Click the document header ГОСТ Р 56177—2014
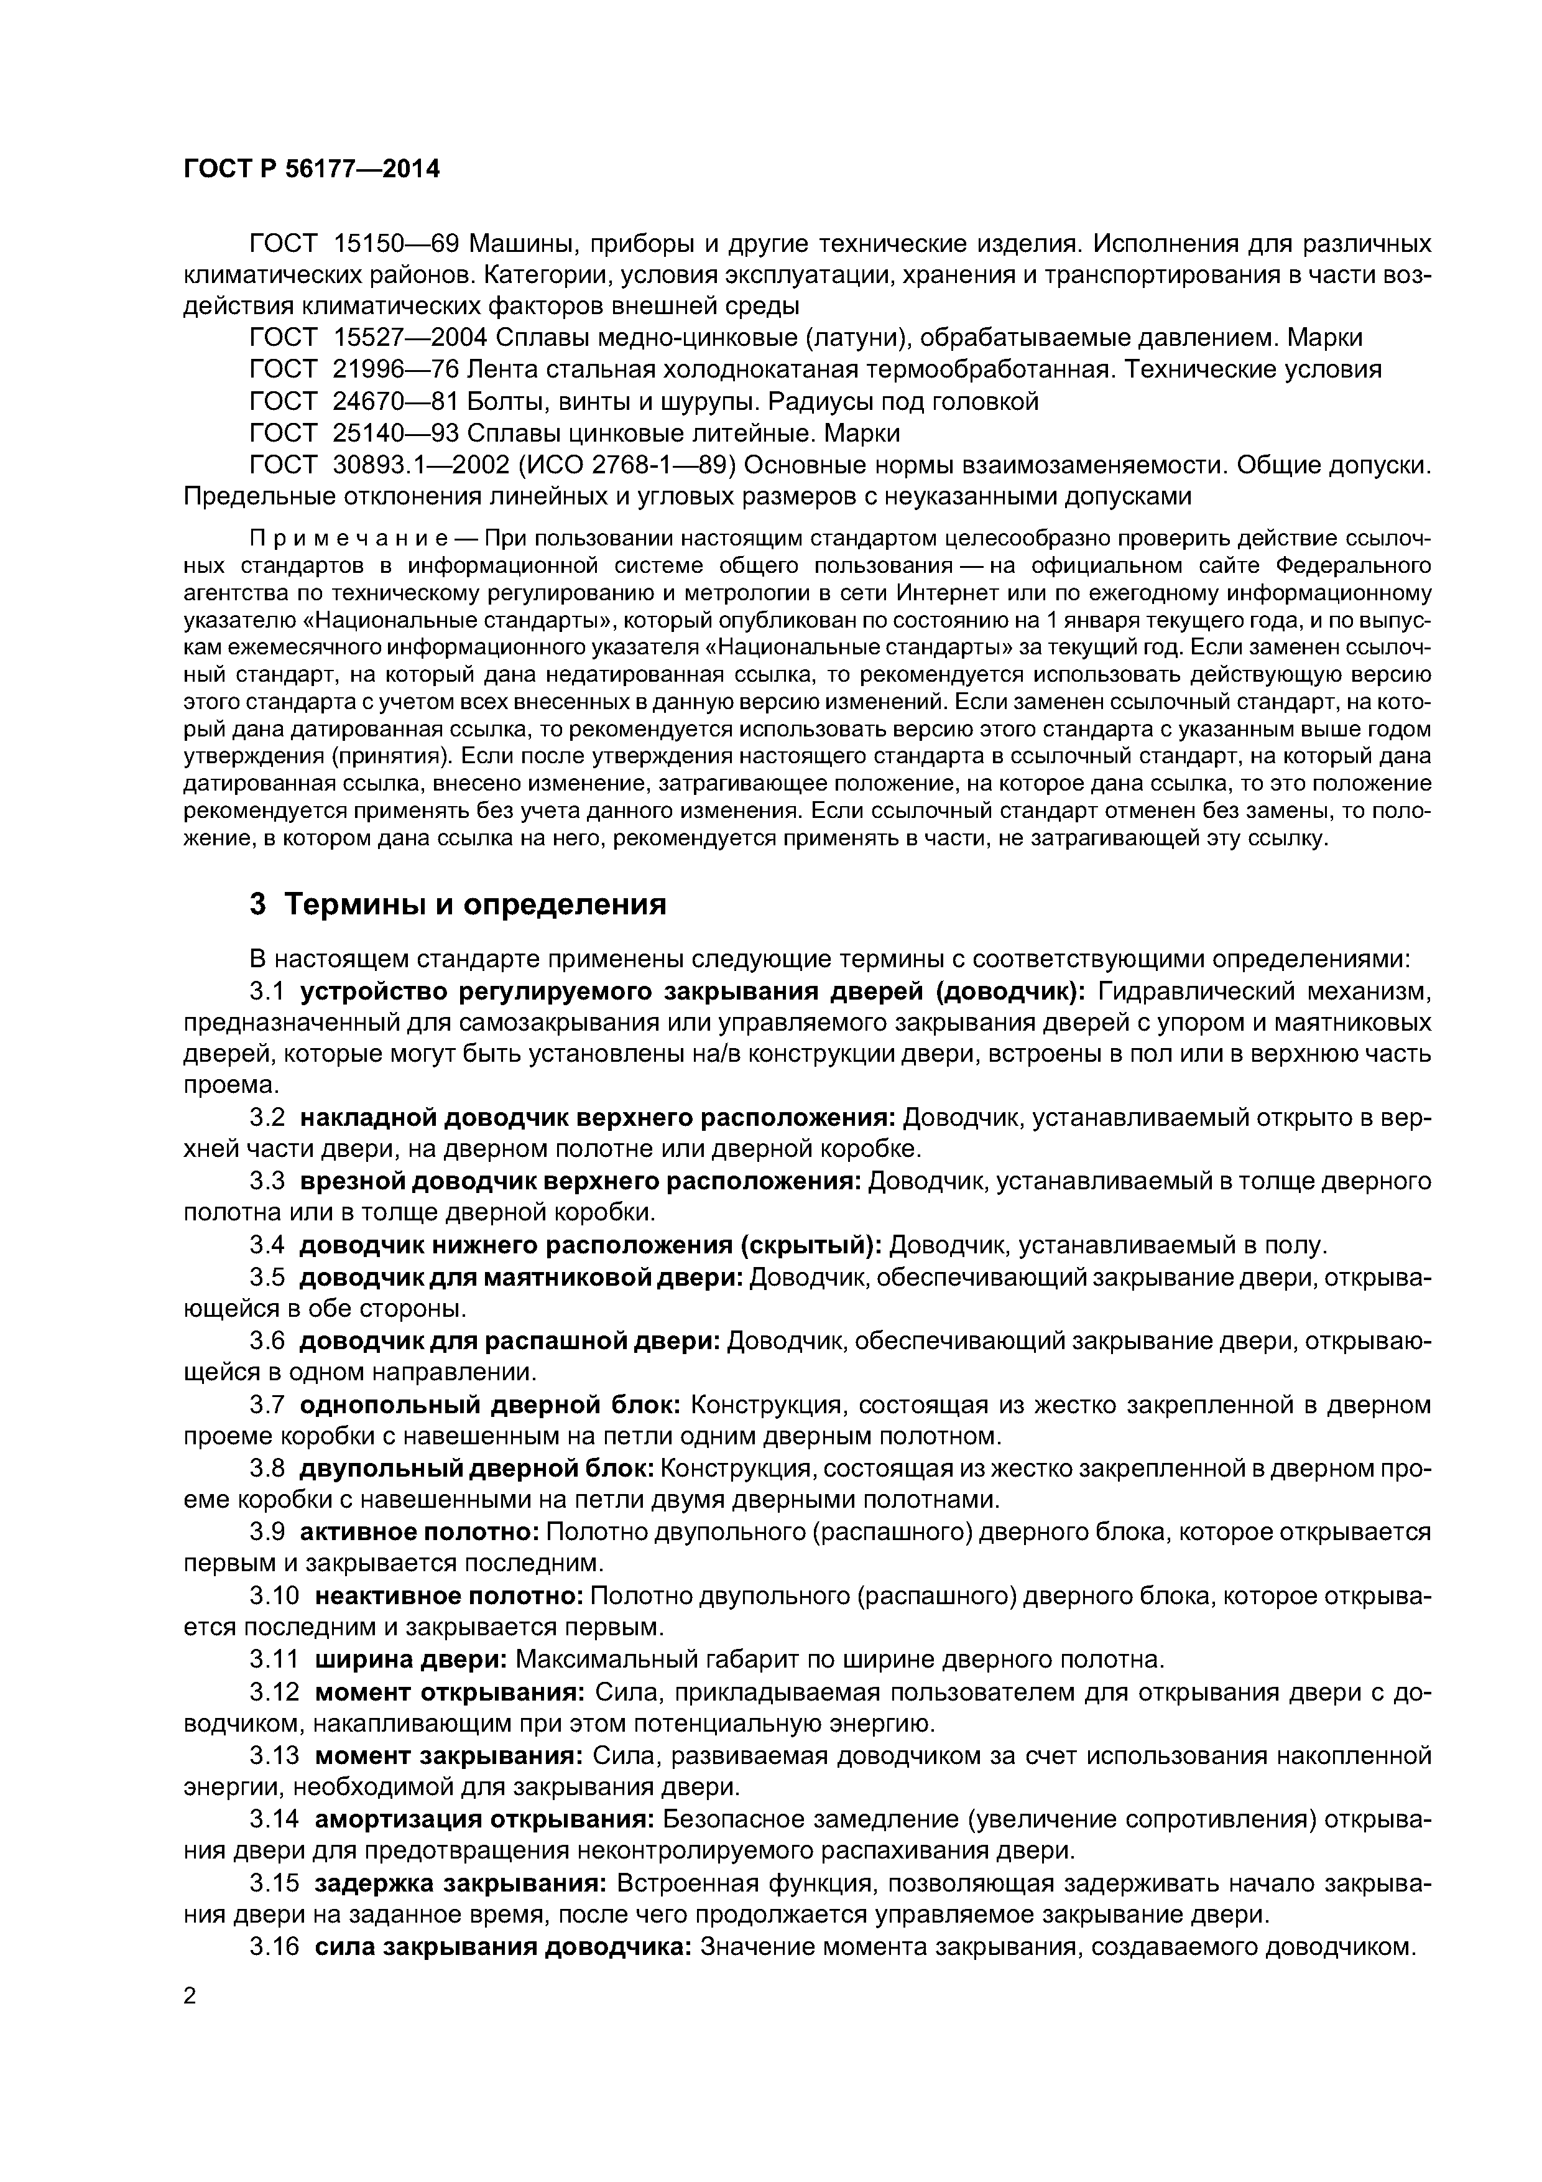tap(312, 169)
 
